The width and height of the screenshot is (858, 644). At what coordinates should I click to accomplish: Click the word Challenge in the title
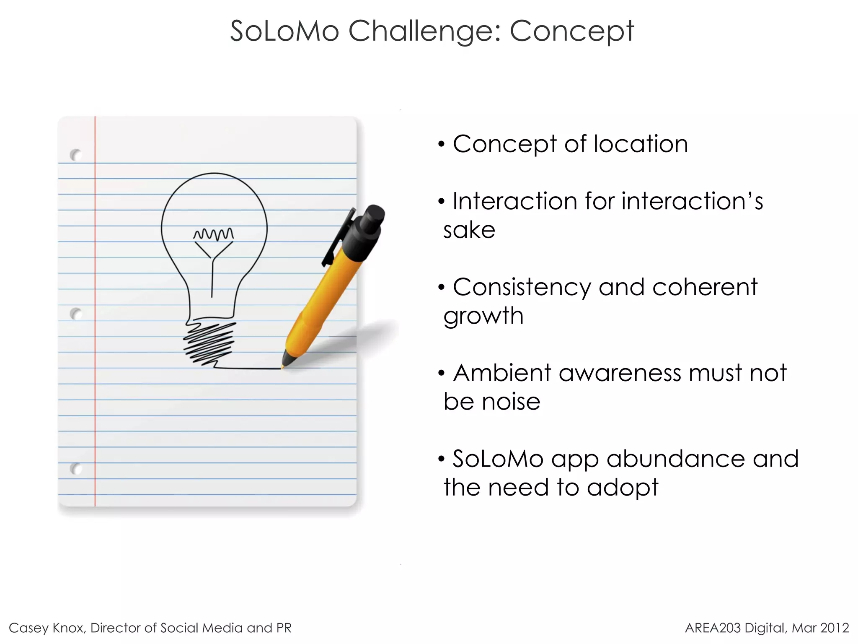coord(424,31)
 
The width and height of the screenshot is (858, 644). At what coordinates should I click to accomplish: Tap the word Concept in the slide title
coord(572,31)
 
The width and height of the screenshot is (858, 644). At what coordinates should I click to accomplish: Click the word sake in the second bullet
coord(469,230)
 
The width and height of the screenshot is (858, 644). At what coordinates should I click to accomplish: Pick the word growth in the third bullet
coord(483,316)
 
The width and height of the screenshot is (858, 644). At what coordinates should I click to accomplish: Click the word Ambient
coord(502,373)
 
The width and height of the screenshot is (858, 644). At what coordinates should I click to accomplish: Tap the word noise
coord(511,402)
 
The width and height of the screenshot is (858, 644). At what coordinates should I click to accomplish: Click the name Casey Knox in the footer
coord(47,628)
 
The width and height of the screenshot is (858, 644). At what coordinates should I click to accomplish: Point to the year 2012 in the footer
coord(835,628)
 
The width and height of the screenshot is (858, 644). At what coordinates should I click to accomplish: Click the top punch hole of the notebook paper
coord(76,155)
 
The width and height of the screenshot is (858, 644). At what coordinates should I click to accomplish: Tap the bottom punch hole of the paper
coord(76,468)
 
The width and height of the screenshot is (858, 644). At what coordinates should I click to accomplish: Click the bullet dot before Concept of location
coord(441,145)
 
